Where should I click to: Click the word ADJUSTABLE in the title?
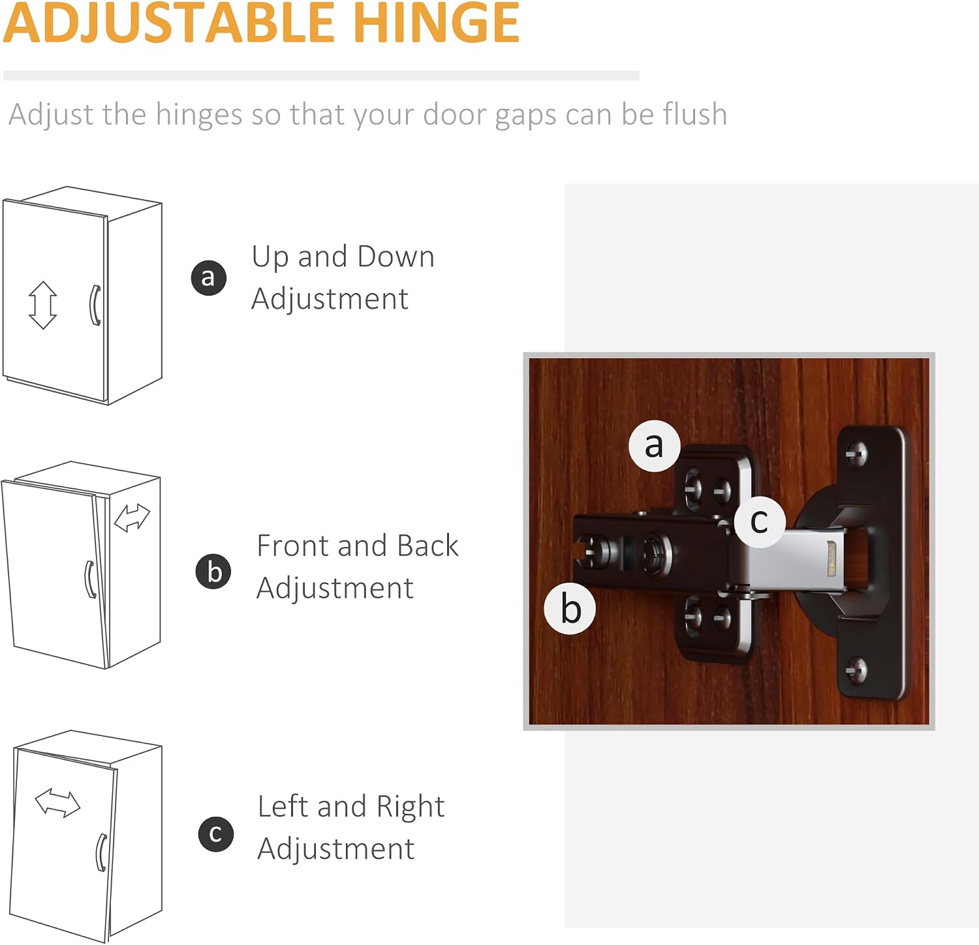(x=171, y=23)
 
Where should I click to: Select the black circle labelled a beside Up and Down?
(x=209, y=278)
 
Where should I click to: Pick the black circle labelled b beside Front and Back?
(x=213, y=571)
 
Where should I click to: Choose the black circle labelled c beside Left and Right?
(x=216, y=834)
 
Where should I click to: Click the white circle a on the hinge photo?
(x=655, y=446)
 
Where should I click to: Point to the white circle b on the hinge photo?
(x=570, y=608)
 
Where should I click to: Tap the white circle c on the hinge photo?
(x=759, y=521)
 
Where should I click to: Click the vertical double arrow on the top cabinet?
(x=43, y=305)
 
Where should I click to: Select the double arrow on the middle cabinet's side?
(x=132, y=518)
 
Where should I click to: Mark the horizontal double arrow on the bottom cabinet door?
(x=57, y=802)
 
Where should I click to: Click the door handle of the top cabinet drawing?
(x=94, y=305)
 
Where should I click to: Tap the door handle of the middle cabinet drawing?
(x=90, y=579)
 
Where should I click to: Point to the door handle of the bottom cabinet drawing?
(x=101, y=852)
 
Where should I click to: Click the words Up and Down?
(x=343, y=256)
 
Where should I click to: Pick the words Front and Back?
(x=358, y=546)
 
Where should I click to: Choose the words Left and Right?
(x=351, y=807)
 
